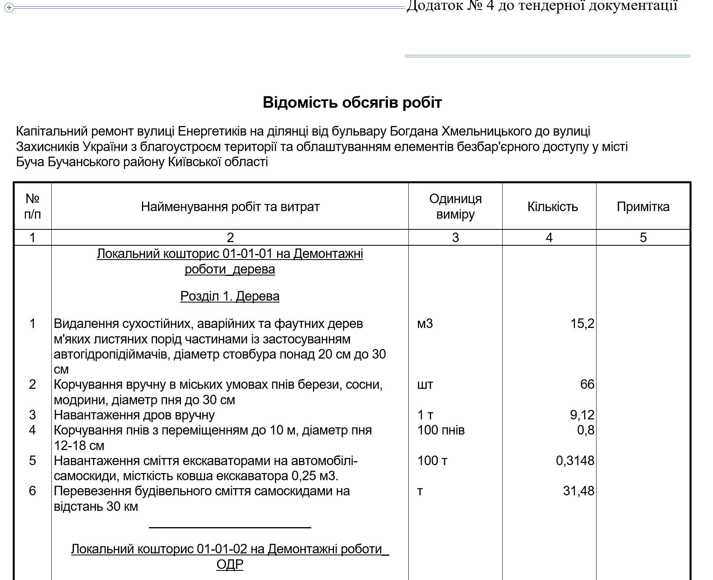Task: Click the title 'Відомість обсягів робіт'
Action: click(x=352, y=103)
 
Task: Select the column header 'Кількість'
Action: click(x=552, y=207)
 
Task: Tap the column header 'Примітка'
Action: click(x=643, y=207)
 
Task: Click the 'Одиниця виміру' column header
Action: click(x=455, y=207)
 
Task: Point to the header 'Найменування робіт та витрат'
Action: click(x=230, y=207)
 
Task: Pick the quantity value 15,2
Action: click(x=582, y=324)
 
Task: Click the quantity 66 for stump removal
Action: click(x=587, y=384)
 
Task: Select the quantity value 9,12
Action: click(x=582, y=415)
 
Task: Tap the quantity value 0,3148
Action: click(x=575, y=461)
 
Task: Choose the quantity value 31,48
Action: click(x=579, y=491)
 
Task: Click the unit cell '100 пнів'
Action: click(x=441, y=430)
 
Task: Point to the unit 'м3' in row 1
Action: click(x=425, y=324)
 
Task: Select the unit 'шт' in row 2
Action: click(x=425, y=384)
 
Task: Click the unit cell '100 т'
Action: click(x=432, y=461)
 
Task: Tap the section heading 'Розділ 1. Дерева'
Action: click(x=229, y=296)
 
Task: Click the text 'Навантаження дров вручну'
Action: click(x=134, y=415)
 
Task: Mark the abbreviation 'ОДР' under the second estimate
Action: click(x=229, y=564)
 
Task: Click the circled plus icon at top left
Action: click(x=9, y=8)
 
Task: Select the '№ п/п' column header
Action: click(x=32, y=206)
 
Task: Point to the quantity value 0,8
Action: click(x=586, y=430)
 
